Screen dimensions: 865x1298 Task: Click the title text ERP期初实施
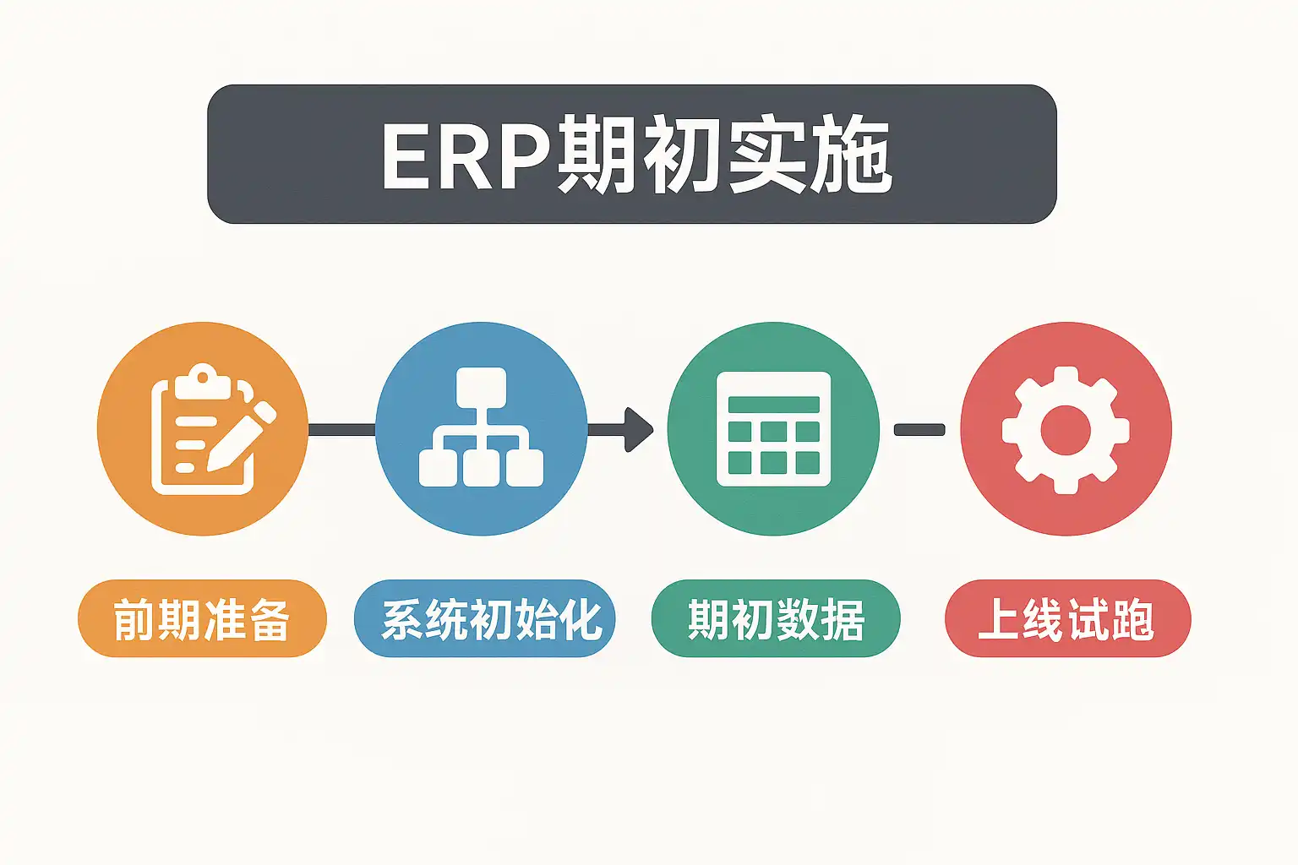click(x=635, y=156)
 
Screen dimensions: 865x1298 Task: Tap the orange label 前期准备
click(x=202, y=619)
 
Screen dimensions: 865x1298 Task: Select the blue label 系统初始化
click(x=491, y=619)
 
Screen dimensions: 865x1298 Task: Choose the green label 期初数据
click(x=776, y=619)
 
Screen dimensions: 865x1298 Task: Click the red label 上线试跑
click(x=1066, y=619)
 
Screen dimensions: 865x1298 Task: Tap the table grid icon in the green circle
click(x=773, y=429)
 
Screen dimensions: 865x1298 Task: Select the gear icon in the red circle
click(x=1066, y=429)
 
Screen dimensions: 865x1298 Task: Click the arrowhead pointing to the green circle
click(x=641, y=429)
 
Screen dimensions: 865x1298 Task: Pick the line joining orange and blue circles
click(x=341, y=430)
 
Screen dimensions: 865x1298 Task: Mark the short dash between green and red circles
click(x=919, y=430)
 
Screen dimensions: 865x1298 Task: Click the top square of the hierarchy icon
click(x=481, y=388)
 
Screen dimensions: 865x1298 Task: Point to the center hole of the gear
click(x=1066, y=429)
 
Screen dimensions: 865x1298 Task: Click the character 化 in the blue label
click(x=581, y=619)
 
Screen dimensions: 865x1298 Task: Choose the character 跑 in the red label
click(x=1133, y=619)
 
